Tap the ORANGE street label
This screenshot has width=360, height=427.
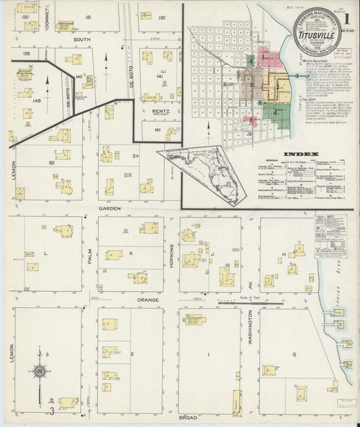tap(148, 299)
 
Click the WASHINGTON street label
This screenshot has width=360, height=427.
tap(250, 328)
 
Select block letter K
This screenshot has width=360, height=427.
tap(132, 253)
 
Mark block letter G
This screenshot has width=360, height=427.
tap(294, 354)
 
